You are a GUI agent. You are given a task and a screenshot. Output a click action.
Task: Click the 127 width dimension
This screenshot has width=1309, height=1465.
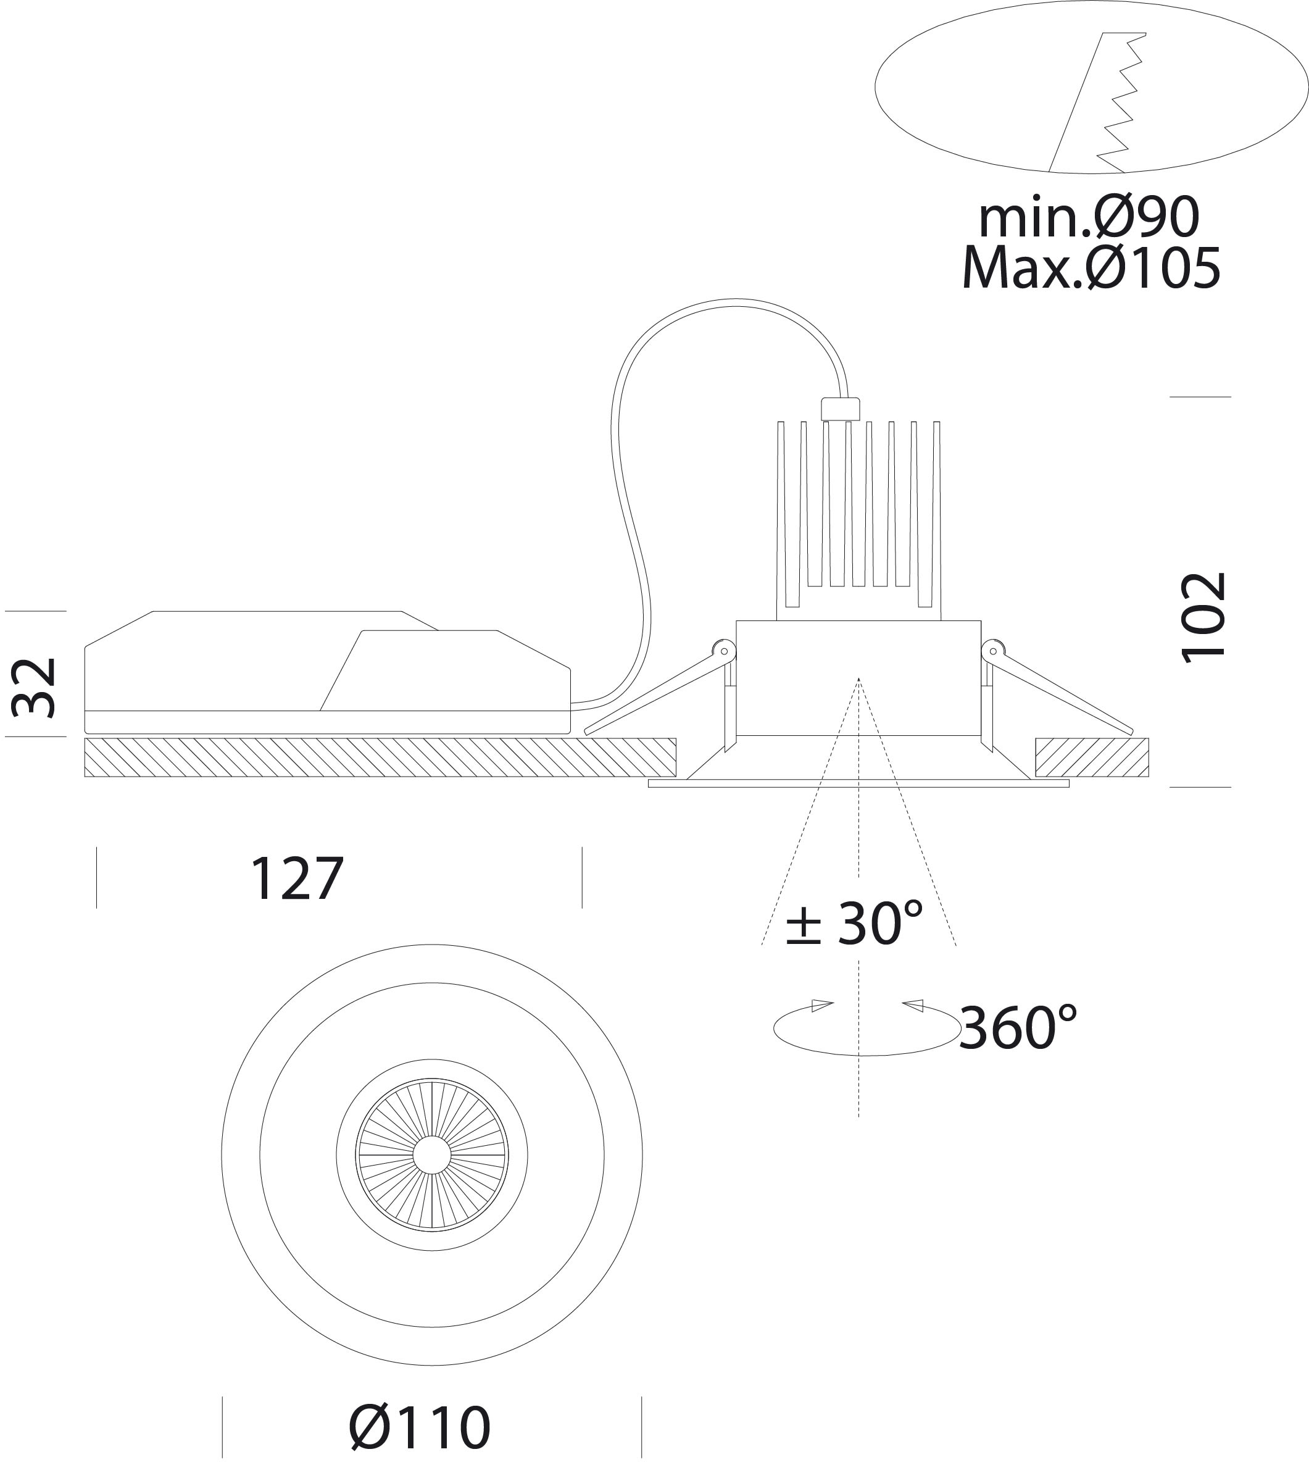tap(296, 878)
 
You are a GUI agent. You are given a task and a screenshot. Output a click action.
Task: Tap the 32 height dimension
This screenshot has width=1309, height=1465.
tap(35, 687)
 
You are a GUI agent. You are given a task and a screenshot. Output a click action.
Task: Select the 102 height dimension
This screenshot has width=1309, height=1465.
tap(1204, 617)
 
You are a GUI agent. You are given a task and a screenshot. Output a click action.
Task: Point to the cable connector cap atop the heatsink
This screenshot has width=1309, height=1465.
tap(840, 409)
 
